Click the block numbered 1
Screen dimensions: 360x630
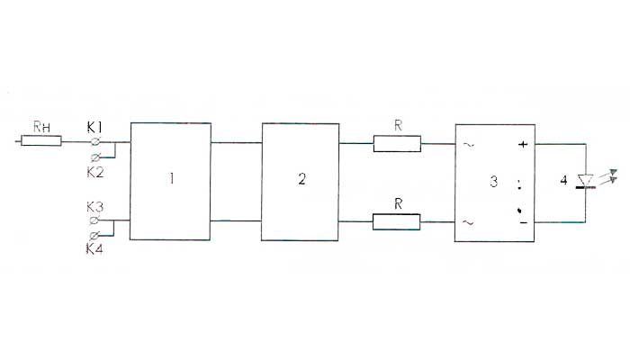tap(170, 180)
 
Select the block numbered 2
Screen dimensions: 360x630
tap(301, 180)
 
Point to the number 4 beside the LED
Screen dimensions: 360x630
tap(563, 182)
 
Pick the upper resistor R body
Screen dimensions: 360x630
tap(397, 143)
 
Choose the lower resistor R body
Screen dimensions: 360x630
tap(397, 220)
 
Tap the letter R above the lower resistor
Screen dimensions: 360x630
tap(397, 202)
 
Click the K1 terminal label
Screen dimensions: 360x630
tap(94, 127)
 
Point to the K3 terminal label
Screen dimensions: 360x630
tap(94, 207)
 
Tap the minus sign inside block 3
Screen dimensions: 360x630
tap(521, 220)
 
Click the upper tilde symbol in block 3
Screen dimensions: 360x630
tap(468, 143)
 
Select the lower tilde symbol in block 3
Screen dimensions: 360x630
tap(468, 220)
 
